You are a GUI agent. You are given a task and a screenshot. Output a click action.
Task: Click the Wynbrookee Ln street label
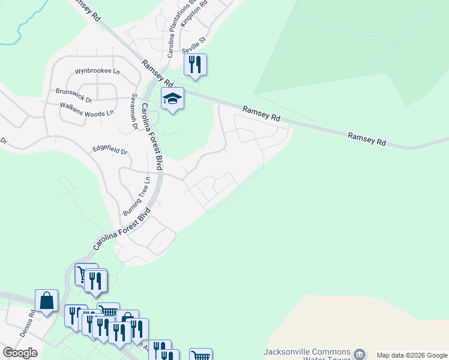[97, 71]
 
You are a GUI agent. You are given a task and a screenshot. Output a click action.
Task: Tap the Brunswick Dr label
[73, 92]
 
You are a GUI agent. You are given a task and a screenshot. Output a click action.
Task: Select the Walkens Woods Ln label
[86, 108]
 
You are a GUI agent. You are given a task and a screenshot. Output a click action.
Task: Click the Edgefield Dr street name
[110, 148]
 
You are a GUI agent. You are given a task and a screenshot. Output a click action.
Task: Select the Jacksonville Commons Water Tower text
[307, 355]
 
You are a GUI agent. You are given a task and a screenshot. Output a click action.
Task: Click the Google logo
[20, 353]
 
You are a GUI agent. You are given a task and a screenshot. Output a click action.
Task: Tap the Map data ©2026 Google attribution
[412, 355]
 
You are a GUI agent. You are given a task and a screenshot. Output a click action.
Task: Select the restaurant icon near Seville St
[195, 64]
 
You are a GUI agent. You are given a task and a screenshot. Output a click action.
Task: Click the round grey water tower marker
[360, 354]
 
